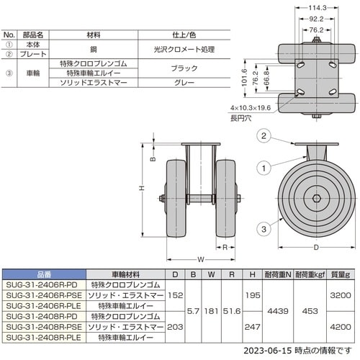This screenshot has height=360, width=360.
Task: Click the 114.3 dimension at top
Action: pos(317,8)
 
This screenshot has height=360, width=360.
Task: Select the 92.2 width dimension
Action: pos(316,19)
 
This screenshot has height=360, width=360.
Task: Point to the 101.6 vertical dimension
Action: pos(244,78)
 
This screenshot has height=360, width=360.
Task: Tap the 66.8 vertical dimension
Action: pos(266,78)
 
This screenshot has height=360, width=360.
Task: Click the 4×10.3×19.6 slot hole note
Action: pos(251,108)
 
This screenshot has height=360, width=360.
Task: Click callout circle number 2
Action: pos(264,136)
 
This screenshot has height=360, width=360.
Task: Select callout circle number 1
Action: pos(264,168)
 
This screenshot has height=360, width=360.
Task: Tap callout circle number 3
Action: pos(264,229)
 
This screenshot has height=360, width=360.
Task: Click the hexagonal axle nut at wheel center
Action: pos(316,198)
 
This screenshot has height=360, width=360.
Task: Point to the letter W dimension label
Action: pos(201,259)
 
